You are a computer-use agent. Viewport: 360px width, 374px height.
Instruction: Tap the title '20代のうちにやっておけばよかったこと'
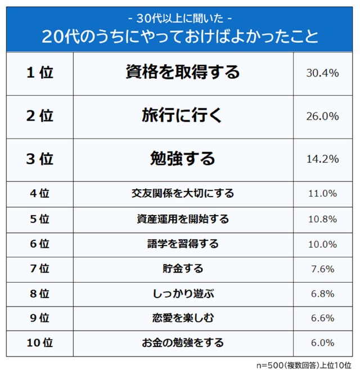pos(179,37)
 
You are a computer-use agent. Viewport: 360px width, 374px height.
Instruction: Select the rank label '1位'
pos(39,73)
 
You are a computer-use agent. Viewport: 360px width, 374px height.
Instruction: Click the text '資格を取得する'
pos(183,73)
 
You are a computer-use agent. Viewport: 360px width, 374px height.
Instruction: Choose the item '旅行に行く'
pos(183,116)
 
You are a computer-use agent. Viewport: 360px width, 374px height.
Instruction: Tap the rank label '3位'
pos(39,159)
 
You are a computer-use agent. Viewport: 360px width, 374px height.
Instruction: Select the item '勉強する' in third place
pos(183,159)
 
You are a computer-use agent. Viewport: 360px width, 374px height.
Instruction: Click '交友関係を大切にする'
pos(183,193)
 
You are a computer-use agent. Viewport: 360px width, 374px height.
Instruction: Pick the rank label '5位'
pos(39,219)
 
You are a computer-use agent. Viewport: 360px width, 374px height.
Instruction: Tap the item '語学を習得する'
pos(183,244)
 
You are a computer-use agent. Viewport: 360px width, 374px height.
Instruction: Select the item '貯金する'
pos(183,269)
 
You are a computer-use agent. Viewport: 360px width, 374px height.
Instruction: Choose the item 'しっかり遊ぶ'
pos(183,293)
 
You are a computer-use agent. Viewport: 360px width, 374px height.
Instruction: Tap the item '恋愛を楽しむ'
pos(183,318)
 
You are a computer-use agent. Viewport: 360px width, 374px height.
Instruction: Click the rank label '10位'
pos(39,342)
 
